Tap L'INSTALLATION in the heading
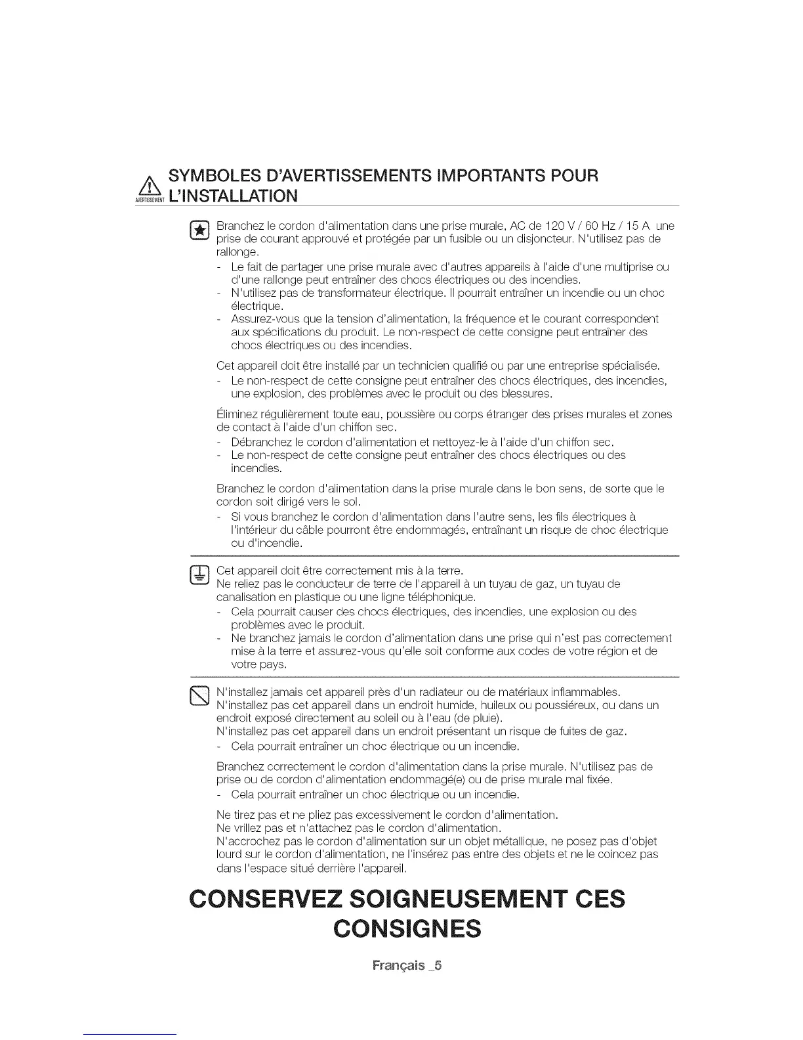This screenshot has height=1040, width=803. [233, 196]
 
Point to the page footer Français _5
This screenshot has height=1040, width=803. [407, 966]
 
